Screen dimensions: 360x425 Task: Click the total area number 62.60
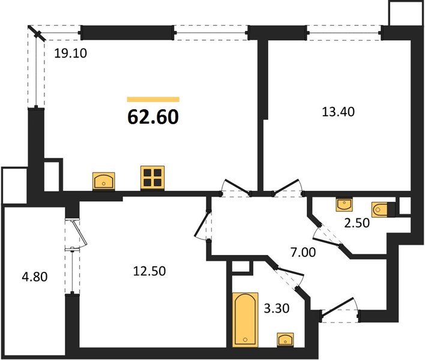click(153, 117)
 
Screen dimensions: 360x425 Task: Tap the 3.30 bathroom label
click(277, 310)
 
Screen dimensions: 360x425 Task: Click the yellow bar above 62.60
click(153, 100)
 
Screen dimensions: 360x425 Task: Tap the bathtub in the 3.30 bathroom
click(245, 319)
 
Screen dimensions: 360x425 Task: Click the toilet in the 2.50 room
click(382, 210)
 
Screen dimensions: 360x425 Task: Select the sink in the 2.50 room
click(345, 205)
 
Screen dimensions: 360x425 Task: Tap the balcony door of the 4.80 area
click(75, 234)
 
